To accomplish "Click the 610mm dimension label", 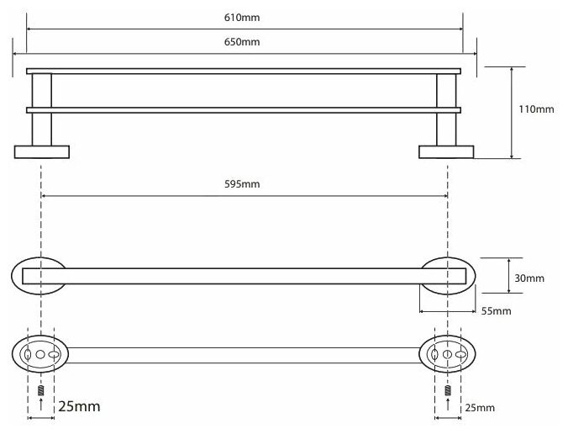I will click(245, 16).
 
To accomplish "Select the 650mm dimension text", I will click(245, 41).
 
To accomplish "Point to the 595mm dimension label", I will click(245, 184).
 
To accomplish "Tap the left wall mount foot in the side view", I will click(41, 151).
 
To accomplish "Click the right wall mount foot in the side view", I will click(446, 151).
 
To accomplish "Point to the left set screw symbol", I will click(41, 392).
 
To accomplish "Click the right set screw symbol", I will click(447, 392).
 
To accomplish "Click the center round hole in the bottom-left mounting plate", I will click(41, 356).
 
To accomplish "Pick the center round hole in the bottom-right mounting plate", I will click(447, 356).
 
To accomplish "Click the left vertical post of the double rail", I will click(41, 109).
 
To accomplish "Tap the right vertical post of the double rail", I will click(446, 109).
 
